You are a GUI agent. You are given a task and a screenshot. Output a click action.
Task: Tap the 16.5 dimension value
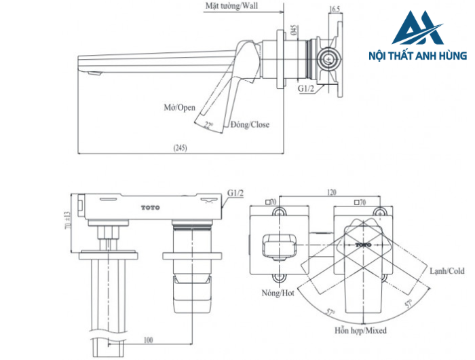point(334,9)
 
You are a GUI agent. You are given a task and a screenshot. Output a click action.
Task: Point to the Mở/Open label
point(179,108)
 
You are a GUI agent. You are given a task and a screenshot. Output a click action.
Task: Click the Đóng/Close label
point(250,125)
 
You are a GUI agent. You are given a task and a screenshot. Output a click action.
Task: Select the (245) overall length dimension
point(179,147)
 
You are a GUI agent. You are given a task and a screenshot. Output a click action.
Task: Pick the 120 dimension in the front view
point(332,192)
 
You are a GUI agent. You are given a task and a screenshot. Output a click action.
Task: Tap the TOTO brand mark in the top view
point(150,206)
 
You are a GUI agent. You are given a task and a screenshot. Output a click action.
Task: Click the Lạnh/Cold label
point(446,270)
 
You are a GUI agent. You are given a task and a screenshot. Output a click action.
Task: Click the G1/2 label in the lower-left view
point(236,192)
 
